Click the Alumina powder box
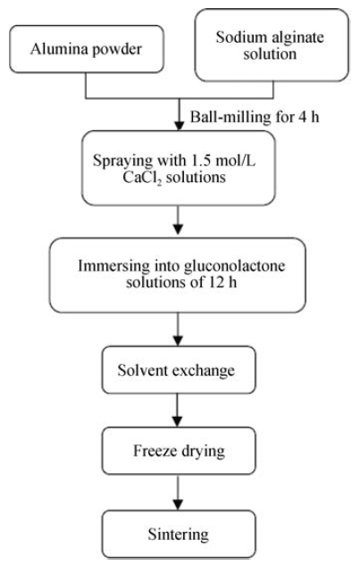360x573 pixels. (87, 49)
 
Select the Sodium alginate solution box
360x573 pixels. (272, 45)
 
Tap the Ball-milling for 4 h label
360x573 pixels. (255, 117)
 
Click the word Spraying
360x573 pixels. (122, 161)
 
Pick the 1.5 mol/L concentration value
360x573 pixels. (223, 160)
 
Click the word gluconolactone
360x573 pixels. (234, 266)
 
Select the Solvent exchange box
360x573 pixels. (179, 370)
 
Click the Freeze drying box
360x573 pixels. (179, 451)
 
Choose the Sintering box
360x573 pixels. (179, 534)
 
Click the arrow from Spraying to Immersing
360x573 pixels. (178, 220)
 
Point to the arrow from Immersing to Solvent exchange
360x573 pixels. (178, 329)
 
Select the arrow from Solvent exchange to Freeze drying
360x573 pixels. (178, 410)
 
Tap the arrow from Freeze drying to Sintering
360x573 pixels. (178, 493)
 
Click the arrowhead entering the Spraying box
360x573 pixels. (179, 125)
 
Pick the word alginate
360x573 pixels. (297, 37)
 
